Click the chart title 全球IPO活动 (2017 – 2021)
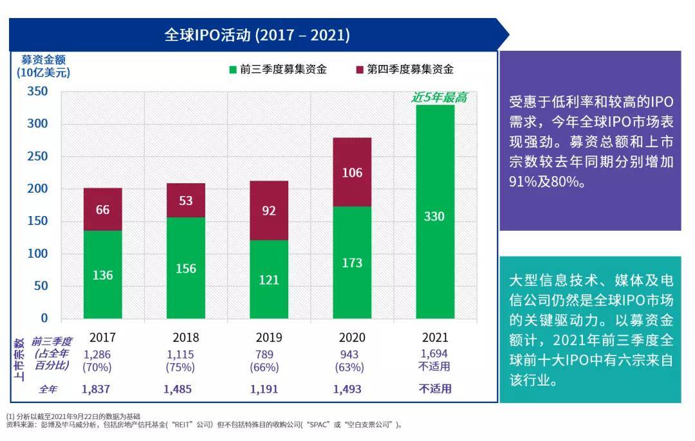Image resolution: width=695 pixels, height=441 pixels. [257, 34]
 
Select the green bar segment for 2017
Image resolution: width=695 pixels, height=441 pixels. [102, 274]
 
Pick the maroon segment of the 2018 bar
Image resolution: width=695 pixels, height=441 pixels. [185, 200]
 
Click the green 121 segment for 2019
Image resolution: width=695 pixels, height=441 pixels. [269, 279]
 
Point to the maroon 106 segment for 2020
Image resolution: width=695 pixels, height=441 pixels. [352, 172]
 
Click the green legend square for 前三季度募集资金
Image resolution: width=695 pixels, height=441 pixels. [233, 69]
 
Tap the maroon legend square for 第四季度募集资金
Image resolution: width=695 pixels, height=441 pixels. [360, 69]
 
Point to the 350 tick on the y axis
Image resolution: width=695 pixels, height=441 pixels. [38, 91]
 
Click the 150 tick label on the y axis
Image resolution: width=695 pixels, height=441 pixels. [38, 221]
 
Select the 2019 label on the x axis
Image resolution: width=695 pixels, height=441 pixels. [269, 337]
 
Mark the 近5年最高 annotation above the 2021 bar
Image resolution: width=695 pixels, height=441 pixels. [439, 98]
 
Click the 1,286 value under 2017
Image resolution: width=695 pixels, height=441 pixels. [97, 354]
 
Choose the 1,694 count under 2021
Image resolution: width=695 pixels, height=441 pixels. [434, 354]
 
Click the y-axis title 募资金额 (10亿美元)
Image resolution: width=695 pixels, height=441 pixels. [43, 66]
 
